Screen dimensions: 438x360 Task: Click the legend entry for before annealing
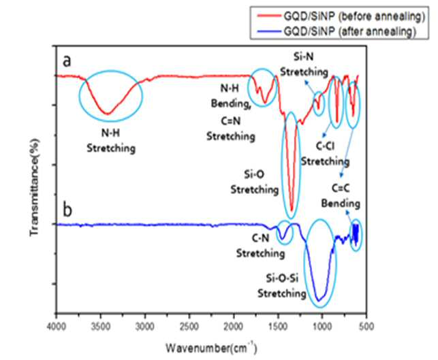pyautogui.click(x=341, y=16)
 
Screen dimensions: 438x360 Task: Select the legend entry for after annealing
pyautogui.click(x=337, y=31)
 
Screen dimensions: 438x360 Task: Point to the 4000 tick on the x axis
pyautogui.click(x=57, y=326)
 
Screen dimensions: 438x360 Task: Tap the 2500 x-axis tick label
pyautogui.click(x=189, y=326)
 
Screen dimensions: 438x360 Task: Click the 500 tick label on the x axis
pyautogui.click(x=366, y=326)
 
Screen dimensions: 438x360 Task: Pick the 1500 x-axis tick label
pyautogui.click(x=278, y=326)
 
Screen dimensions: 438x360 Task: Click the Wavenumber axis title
pyautogui.click(x=211, y=348)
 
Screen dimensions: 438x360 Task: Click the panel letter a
pyautogui.click(x=67, y=61)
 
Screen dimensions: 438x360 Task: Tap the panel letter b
pyautogui.click(x=67, y=210)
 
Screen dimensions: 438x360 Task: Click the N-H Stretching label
pyautogui.click(x=111, y=141)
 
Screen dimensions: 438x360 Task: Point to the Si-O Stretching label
pyautogui.click(x=255, y=182)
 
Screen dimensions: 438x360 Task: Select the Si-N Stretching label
pyautogui.click(x=304, y=65)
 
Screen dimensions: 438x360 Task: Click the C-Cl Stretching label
pyautogui.click(x=325, y=154)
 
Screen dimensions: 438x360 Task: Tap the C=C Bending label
pyautogui.click(x=341, y=195)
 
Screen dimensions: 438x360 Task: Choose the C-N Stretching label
pyautogui.click(x=261, y=246)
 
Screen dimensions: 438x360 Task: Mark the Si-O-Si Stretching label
pyautogui.click(x=282, y=286)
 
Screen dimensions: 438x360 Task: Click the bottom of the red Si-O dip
pyautogui.click(x=292, y=210)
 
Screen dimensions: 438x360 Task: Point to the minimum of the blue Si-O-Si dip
pyautogui.click(x=318, y=301)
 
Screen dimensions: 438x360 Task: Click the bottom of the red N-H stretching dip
pyautogui.click(x=108, y=114)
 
